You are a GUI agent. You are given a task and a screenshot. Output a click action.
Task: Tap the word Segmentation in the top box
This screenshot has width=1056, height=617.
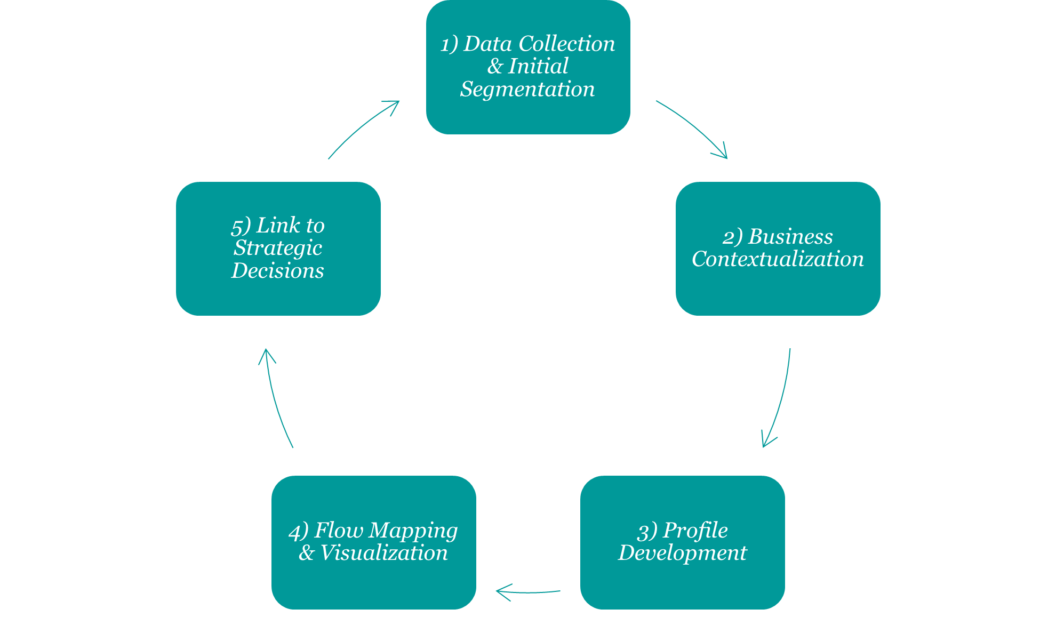point(527,89)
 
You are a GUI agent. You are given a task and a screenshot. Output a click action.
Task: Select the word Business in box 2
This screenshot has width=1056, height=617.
point(790,237)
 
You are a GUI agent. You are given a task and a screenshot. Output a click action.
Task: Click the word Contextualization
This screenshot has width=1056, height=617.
point(778,259)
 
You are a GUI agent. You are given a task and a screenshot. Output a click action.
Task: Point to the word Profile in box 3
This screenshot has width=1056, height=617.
point(695,531)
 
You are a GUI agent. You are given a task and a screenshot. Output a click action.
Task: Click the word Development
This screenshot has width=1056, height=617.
point(683,553)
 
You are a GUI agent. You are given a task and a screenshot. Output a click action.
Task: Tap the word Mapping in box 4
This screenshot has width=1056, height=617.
point(413,531)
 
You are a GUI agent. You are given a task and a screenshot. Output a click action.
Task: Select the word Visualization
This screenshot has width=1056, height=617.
point(383,553)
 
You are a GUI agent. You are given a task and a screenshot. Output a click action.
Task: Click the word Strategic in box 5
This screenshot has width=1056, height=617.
point(278,248)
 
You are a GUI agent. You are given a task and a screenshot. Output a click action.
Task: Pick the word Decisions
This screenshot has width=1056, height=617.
point(277,271)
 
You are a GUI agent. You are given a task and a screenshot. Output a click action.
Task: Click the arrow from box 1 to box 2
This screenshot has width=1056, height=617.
point(693,128)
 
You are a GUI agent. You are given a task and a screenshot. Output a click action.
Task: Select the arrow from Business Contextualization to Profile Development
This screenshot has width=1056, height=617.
point(780,400)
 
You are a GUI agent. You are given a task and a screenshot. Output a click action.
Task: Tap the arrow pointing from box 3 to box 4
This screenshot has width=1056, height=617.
point(528,591)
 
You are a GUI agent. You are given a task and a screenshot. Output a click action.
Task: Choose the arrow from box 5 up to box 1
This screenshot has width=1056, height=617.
point(363,128)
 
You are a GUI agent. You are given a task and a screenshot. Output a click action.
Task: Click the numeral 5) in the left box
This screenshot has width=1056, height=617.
point(241,226)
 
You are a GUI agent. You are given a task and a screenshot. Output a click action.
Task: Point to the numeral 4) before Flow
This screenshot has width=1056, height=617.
point(298,532)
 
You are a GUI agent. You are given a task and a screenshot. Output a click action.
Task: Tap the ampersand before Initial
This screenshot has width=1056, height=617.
point(494,67)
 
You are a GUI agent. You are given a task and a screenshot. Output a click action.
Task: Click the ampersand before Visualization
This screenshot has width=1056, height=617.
point(306,553)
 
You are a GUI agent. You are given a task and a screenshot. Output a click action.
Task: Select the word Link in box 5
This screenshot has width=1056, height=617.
point(278,226)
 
